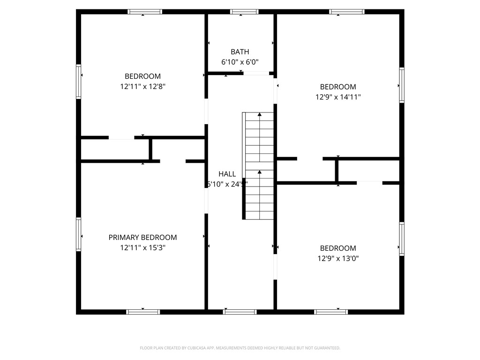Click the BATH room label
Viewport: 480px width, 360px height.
click(x=240, y=52)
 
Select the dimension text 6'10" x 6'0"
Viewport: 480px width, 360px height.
click(x=240, y=62)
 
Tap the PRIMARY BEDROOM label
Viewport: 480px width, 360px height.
click(x=142, y=238)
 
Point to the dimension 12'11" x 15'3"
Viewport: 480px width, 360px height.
click(x=142, y=247)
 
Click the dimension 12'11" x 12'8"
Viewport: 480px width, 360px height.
click(x=142, y=86)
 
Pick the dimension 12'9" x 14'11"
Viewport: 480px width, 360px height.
click(x=337, y=97)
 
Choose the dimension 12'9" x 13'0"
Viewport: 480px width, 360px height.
click(x=337, y=258)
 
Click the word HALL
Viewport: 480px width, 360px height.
click(x=227, y=174)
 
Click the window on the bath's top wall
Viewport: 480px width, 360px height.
click(x=244, y=12)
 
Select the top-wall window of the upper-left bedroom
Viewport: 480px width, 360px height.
click(x=145, y=12)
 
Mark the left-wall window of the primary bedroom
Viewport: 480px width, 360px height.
click(x=79, y=234)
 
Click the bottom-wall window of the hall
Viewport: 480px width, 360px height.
click(x=240, y=312)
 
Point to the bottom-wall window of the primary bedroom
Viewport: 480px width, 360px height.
click(x=143, y=312)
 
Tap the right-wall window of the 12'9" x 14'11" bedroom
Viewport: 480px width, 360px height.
click(x=402, y=85)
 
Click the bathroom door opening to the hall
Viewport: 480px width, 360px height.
click(x=256, y=74)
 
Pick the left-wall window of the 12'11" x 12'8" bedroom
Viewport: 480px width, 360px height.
click(x=79, y=81)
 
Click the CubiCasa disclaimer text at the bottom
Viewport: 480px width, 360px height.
click(x=240, y=348)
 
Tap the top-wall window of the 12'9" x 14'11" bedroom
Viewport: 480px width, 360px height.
click(x=347, y=12)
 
